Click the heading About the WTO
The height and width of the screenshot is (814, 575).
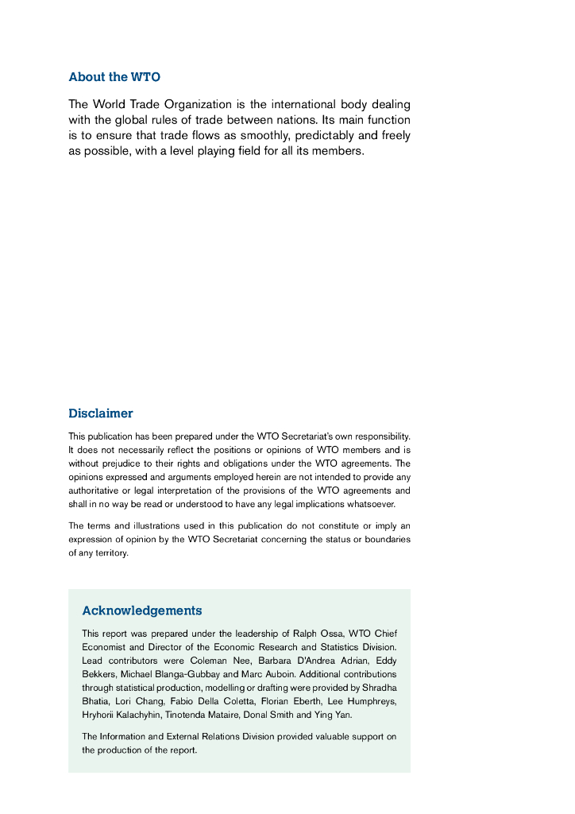[x=114, y=77]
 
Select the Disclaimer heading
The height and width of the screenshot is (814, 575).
[x=101, y=413]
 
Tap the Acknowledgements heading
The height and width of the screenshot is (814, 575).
[x=142, y=610]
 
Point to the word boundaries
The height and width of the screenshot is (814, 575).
[x=384, y=539]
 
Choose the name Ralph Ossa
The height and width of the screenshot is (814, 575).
[x=315, y=634]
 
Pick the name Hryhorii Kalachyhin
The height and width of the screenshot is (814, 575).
[x=121, y=715]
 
